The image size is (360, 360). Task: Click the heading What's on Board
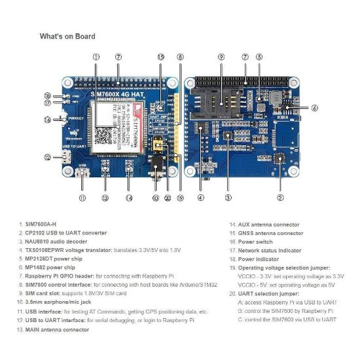click(67, 36)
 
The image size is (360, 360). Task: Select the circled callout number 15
click(160, 57)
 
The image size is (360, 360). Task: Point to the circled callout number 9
click(221, 57)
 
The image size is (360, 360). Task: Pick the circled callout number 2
click(280, 197)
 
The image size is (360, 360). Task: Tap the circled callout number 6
click(315, 108)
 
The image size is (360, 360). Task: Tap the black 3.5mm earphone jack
click(156, 162)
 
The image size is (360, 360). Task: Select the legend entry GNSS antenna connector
click(266, 233)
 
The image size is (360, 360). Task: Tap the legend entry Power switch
click(251, 242)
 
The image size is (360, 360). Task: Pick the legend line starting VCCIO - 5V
click(283, 285)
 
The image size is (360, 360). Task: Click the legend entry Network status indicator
click(265, 251)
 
